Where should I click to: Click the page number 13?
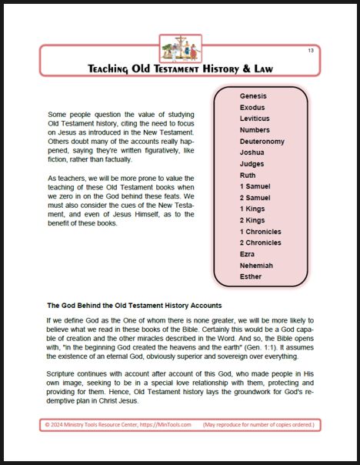310,51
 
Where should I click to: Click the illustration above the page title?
180,48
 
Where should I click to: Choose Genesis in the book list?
253,95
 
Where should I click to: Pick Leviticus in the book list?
255,119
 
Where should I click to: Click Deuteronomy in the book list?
262,142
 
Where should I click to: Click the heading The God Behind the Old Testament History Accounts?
135,305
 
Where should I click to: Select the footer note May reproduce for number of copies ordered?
261,425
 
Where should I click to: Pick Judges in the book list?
252,164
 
